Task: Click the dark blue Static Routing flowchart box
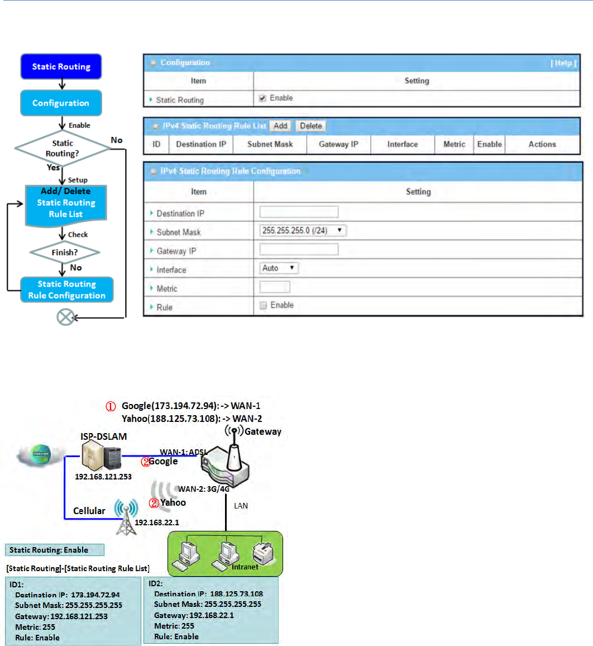61,66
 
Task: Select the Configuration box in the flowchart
61,103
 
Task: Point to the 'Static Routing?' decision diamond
63,148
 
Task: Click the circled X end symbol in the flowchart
66,318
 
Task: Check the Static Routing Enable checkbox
262,98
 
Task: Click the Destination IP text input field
299,212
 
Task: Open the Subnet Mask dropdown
303,230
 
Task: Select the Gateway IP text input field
299,249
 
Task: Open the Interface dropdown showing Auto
279,268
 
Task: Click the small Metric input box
275,287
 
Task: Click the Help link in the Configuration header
563,63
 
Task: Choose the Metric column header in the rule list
454,144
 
